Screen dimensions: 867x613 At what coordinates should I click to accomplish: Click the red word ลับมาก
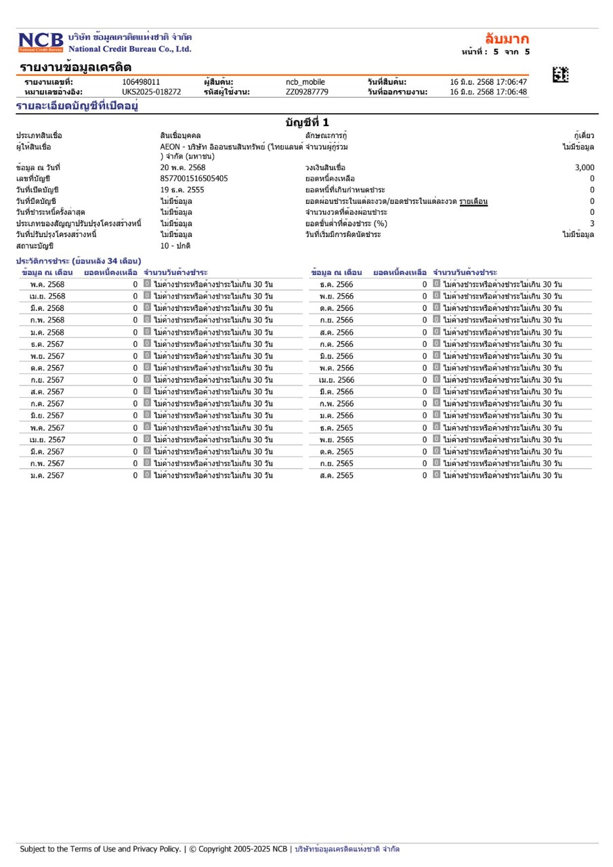(507, 39)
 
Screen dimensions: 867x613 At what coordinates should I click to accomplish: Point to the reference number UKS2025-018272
(151, 92)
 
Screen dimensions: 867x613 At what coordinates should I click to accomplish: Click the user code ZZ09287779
(307, 92)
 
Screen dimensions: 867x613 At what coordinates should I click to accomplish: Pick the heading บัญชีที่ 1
(307, 123)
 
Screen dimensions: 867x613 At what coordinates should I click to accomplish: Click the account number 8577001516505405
(194, 178)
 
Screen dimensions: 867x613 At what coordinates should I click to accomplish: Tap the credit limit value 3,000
(584, 167)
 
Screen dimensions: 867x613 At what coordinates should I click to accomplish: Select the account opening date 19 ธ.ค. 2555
(182, 190)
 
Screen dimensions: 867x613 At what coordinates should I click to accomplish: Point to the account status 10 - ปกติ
(175, 246)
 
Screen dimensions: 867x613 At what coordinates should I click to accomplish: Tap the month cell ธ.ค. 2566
(337, 284)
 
